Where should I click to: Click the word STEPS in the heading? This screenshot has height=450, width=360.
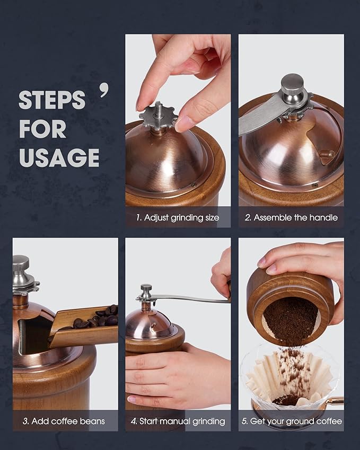52,100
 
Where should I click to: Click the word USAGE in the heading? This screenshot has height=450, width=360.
59,157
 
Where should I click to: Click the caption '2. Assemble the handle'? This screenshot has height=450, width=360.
291,217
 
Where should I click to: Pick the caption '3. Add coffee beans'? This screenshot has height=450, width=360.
64,421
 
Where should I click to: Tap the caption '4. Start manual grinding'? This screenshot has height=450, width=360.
178,421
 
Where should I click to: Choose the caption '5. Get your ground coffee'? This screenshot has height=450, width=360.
291,421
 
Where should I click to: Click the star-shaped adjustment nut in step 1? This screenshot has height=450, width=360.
159,116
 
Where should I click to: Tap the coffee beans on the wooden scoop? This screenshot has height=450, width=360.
98,318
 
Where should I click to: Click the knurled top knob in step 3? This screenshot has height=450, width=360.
21,263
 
